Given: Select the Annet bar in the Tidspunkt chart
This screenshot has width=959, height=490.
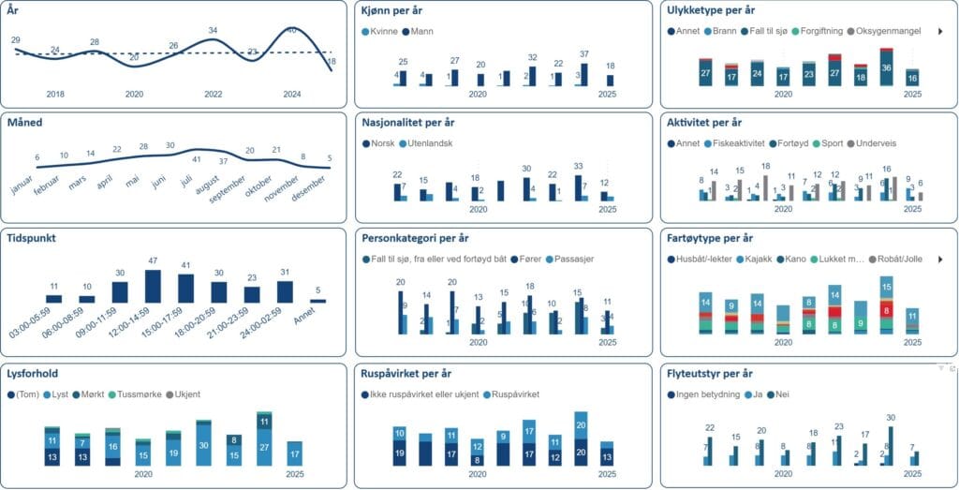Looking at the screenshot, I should tap(317, 301).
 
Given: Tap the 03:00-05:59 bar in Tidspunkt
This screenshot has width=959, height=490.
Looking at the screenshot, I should tap(54, 299).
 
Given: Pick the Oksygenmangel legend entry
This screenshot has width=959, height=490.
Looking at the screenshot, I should tap(889, 31).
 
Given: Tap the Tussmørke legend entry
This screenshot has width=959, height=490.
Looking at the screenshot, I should tap(139, 393).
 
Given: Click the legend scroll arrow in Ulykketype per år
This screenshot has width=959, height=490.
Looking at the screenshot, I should tap(941, 31).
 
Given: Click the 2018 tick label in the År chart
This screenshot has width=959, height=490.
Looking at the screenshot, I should tap(55, 94).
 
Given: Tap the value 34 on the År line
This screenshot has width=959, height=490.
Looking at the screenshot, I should tap(213, 30).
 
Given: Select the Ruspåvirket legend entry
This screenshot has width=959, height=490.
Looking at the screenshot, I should tap(519, 393).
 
